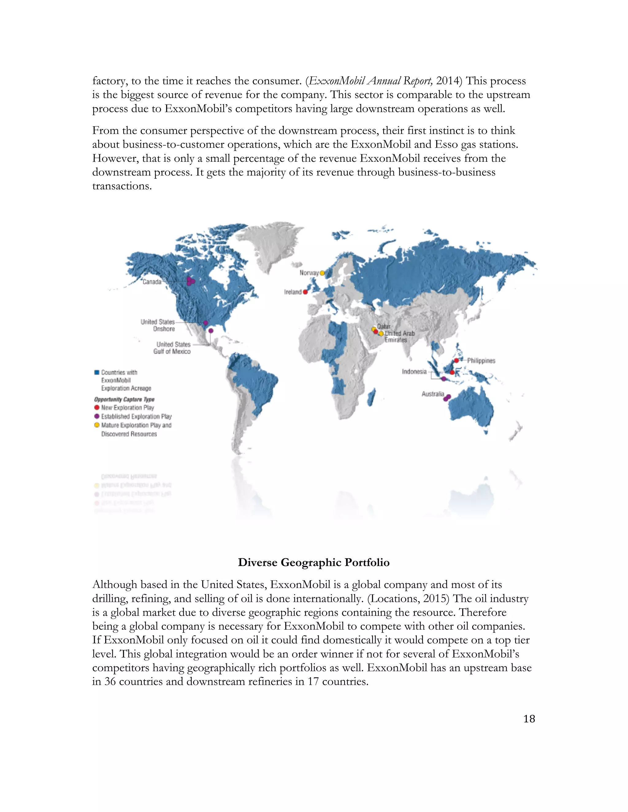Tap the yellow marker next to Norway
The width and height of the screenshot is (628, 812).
coord(322,273)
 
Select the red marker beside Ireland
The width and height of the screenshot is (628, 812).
coord(305,292)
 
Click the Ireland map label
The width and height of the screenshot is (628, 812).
coord(293,292)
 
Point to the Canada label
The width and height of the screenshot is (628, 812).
coord(152,282)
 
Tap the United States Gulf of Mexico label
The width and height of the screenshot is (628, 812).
coord(173,348)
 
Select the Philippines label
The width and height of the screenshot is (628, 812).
coord(481,360)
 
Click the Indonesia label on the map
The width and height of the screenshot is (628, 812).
coord(414,371)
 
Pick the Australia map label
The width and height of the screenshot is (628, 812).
coord(432,394)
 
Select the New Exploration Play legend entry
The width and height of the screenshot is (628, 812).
coord(127,408)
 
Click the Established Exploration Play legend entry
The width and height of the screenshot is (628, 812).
coord(136,416)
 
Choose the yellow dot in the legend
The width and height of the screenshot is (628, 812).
coord(97,425)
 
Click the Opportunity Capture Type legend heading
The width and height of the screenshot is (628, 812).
coord(124,399)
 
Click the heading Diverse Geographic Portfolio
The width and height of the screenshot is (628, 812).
coord(314,562)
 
